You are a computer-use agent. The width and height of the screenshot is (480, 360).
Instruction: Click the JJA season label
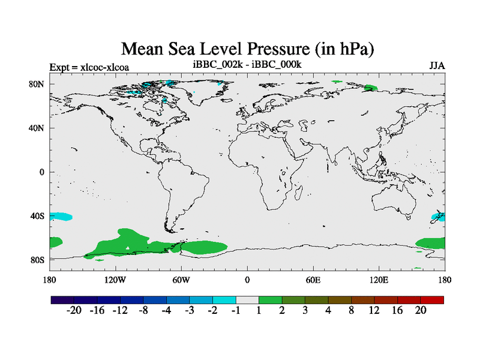437,65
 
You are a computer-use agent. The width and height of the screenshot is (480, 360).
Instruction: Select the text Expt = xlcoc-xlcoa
89,67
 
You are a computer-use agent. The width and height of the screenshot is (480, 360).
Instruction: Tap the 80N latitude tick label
37,84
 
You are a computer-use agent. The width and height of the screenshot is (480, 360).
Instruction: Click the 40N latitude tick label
37,128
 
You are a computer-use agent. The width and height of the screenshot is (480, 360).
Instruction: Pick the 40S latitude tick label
37,215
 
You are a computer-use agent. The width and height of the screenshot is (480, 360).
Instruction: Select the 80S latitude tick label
37,259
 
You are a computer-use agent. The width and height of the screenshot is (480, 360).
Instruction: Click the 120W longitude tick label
115,280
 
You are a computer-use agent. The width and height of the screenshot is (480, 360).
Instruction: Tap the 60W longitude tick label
181,280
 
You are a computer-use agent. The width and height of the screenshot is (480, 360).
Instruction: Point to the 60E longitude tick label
313,280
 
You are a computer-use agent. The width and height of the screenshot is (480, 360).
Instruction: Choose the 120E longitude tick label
379,280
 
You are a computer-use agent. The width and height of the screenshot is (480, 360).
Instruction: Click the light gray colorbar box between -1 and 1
247,299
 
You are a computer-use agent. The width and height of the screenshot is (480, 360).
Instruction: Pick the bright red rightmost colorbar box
432,299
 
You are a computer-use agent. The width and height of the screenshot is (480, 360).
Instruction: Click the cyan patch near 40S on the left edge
61,216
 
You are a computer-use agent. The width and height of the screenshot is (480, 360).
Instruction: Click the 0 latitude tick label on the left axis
42,172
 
